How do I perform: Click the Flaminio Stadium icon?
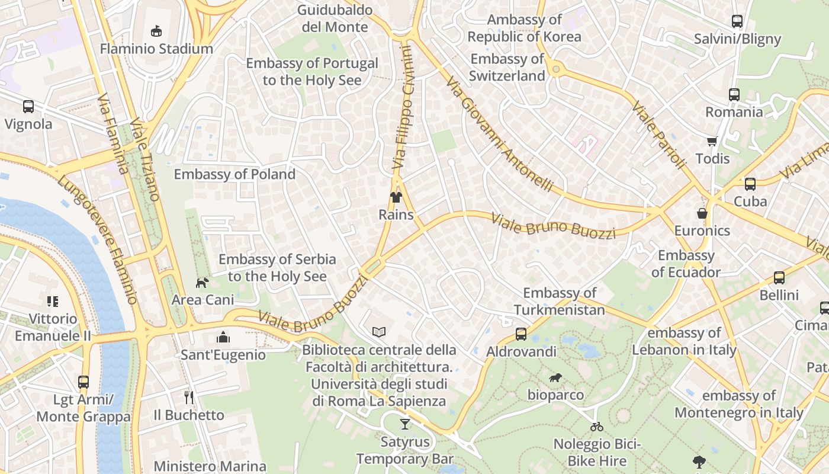(156, 30)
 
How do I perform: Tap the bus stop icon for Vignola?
(28, 107)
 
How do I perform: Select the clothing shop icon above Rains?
(396, 197)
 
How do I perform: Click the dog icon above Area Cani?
(203, 283)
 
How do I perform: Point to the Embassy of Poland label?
(234, 174)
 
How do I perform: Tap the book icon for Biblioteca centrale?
(379, 332)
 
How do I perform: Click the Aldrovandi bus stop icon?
(521, 334)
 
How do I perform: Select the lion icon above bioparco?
(555, 377)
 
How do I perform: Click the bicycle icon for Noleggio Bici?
(597, 426)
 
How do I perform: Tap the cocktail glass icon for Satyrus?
(404, 424)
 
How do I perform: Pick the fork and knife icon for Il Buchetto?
(189, 397)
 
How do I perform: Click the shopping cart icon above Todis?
(712, 141)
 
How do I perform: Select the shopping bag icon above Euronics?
(702, 213)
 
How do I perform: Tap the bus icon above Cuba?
(750, 184)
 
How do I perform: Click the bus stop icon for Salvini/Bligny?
(737, 21)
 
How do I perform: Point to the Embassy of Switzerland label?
(507, 68)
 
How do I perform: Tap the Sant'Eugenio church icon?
(223, 337)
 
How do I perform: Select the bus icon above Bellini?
(779, 277)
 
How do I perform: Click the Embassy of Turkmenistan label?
(560, 301)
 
